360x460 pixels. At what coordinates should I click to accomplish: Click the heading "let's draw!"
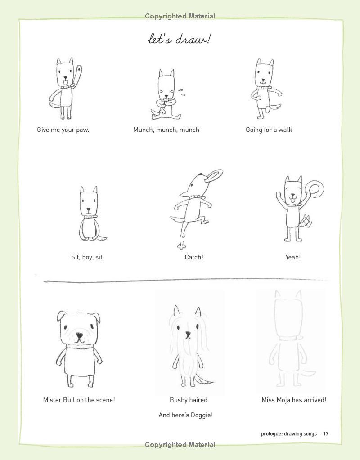pos(180,39)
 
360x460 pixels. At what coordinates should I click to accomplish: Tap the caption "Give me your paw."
pos(63,130)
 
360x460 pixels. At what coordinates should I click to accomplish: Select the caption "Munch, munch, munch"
pos(166,130)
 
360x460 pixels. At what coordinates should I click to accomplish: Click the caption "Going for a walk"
pos(269,130)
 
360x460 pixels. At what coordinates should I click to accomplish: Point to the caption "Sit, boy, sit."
pos(87,257)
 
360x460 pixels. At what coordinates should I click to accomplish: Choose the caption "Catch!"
pos(194,257)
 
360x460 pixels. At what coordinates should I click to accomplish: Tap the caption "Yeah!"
pos(293,257)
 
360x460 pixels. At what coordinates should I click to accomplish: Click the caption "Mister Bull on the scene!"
pos(79,400)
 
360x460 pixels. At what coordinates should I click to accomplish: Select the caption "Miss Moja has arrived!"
pos(294,400)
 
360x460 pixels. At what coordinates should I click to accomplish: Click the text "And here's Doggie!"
pos(185,415)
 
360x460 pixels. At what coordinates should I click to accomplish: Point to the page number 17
pos(325,434)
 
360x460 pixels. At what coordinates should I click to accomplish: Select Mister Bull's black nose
pos(79,336)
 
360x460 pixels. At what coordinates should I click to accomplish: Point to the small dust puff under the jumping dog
pos(182,245)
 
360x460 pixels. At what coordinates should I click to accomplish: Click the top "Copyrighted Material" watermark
pos(180,16)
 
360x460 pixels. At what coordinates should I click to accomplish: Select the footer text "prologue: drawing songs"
pos(288,434)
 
